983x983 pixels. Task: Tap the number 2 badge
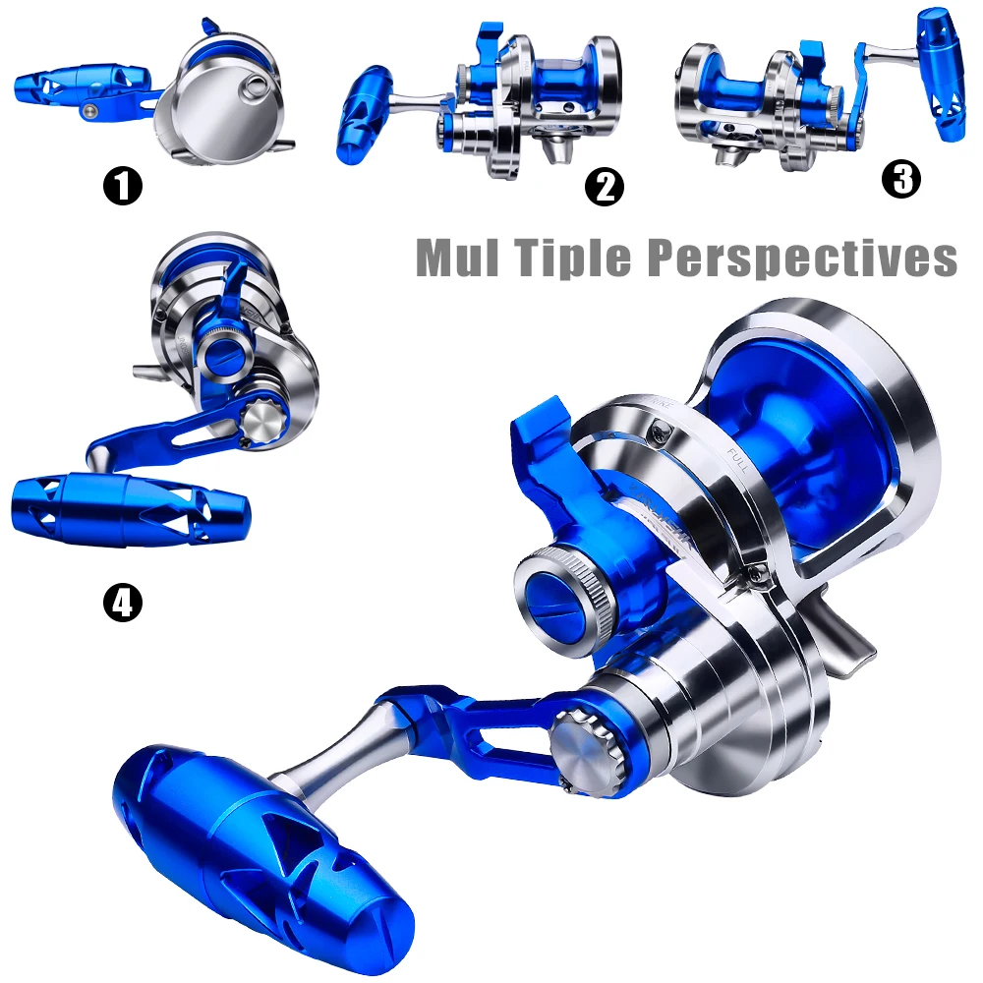(605, 186)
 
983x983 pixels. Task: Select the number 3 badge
(901, 178)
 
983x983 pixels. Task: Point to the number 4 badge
(123, 603)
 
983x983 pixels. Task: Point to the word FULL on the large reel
(738, 459)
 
